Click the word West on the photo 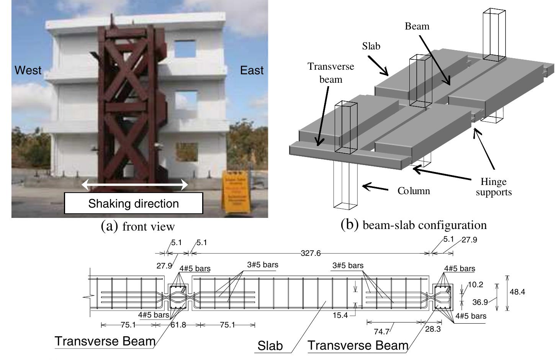[x=28, y=70]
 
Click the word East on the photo [x=252, y=70]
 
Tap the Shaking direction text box [x=133, y=203]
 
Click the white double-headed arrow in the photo [x=135, y=185]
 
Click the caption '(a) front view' [x=137, y=226]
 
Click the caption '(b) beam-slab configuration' [x=414, y=225]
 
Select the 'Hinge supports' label [x=494, y=187]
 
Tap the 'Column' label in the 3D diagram [x=414, y=191]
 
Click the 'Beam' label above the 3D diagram [x=417, y=26]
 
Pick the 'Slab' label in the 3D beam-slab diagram [x=371, y=46]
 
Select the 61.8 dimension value [x=178, y=325]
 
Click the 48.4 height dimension [x=517, y=292]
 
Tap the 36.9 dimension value [x=480, y=302]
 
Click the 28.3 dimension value [x=433, y=329]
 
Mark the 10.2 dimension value [x=475, y=285]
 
